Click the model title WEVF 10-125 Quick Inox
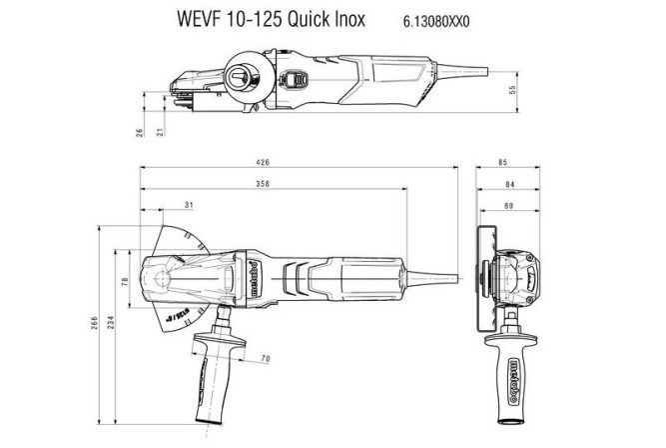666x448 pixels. (273, 19)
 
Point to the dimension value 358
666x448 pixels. (264, 184)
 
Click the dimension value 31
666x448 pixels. (189, 206)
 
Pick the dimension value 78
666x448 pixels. (126, 283)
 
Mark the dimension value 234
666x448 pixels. (109, 320)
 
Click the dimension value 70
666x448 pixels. (266, 358)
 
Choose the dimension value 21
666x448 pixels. (159, 131)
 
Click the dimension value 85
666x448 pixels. (503, 163)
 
